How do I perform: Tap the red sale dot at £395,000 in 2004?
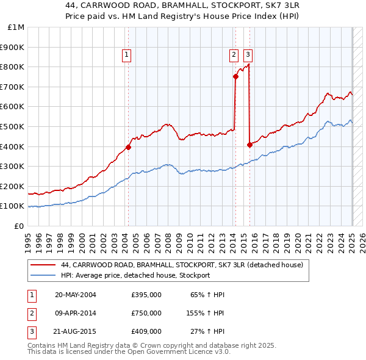[128, 147]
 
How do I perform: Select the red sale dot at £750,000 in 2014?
[235, 76]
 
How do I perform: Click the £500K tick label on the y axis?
[13, 126]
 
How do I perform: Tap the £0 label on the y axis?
[19, 226]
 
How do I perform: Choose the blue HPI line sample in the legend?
[43, 275]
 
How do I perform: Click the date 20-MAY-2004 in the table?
[76, 295]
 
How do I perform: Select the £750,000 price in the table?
[146, 313]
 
